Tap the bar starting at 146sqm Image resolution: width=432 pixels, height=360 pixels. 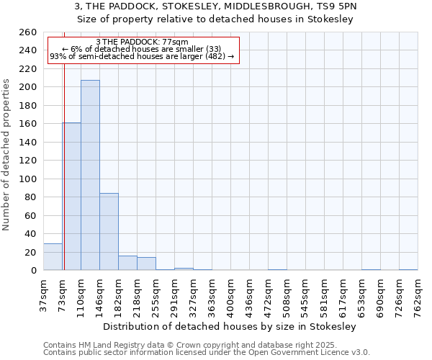(109, 231)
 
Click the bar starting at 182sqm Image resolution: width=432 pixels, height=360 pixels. (127, 263)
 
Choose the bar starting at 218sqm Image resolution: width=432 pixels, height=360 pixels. (146, 264)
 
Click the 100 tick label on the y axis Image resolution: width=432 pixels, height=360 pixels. (28, 179)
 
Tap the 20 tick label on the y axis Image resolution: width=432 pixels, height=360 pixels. (31, 252)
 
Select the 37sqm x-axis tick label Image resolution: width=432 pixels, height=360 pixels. (43, 296)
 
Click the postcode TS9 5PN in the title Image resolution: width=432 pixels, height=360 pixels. (338, 6)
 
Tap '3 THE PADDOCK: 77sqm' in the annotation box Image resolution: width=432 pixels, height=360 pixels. (142, 42)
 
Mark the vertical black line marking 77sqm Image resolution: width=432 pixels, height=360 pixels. (64, 180)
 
